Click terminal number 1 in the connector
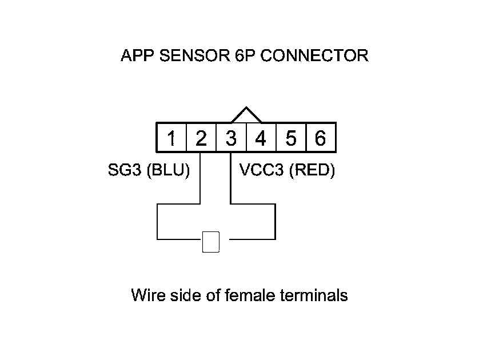pyautogui.click(x=171, y=138)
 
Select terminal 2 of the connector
pyautogui.click(x=201, y=138)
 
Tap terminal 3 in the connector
pyautogui.click(x=231, y=138)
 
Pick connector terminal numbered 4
pyautogui.click(x=261, y=138)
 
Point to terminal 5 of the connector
pyautogui.click(x=291, y=138)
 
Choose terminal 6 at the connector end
pyautogui.click(x=320, y=138)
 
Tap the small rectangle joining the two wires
pyautogui.click(x=211, y=242)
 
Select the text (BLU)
pyautogui.click(x=168, y=171)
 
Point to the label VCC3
pyautogui.click(x=257, y=171)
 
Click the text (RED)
pyautogui.click(x=311, y=171)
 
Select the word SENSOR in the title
pyautogui.click(x=189, y=56)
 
